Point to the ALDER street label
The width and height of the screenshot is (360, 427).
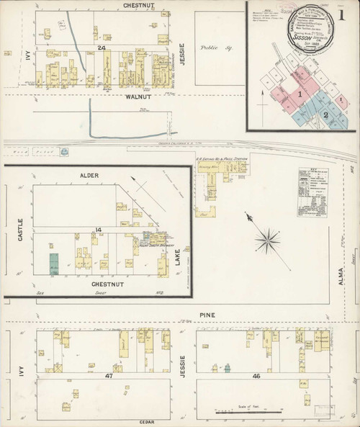pos(89,176)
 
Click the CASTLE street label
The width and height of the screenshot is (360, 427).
pos(20,229)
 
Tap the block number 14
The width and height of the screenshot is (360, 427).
pos(93,230)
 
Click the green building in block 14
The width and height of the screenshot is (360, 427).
pos(53,263)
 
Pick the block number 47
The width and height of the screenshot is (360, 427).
pos(109,376)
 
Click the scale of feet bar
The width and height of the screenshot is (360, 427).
pos(246,413)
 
